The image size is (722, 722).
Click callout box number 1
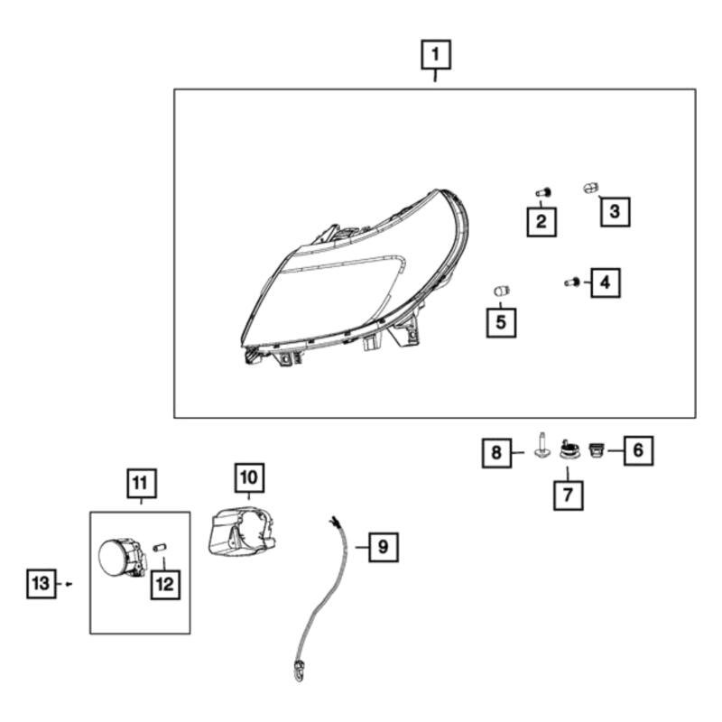coord(436,56)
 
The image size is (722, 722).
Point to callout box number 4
coord(605,282)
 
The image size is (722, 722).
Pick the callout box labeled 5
coord(501,321)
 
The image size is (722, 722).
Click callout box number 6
coord(637,449)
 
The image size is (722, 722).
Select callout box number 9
coord(383,546)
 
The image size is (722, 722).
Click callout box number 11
coord(140,485)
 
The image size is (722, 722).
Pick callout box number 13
coord(41,584)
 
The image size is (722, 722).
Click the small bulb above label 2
coord(542,192)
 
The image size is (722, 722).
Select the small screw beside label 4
coord(570,283)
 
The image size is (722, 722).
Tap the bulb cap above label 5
coord(501,290)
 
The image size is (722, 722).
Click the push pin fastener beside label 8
coord(541,446)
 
